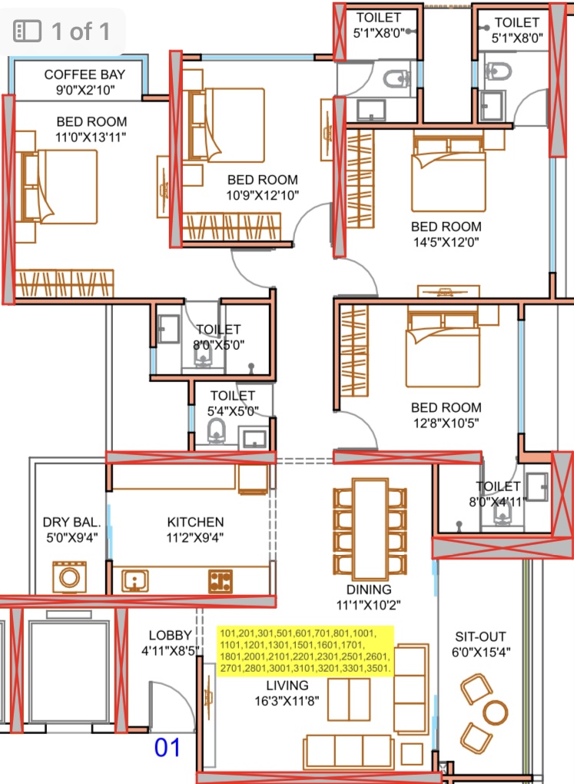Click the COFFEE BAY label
point(85,75)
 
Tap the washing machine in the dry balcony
point(69,577)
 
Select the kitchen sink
point(134,581)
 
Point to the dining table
point(370,529)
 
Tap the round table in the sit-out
point(495,713)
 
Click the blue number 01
point(167,748)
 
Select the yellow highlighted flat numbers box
point(305,651)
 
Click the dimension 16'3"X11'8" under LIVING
point(287,701)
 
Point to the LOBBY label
point(170,635)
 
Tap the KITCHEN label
point(195,522)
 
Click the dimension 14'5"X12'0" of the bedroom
point(446,242)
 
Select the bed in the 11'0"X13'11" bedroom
point(56,187)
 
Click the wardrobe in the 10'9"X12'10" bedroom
point(231,227)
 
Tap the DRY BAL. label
point(71,522)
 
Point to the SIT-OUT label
point(480,636)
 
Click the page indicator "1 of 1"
point(81,32)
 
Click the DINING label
point(369,590)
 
